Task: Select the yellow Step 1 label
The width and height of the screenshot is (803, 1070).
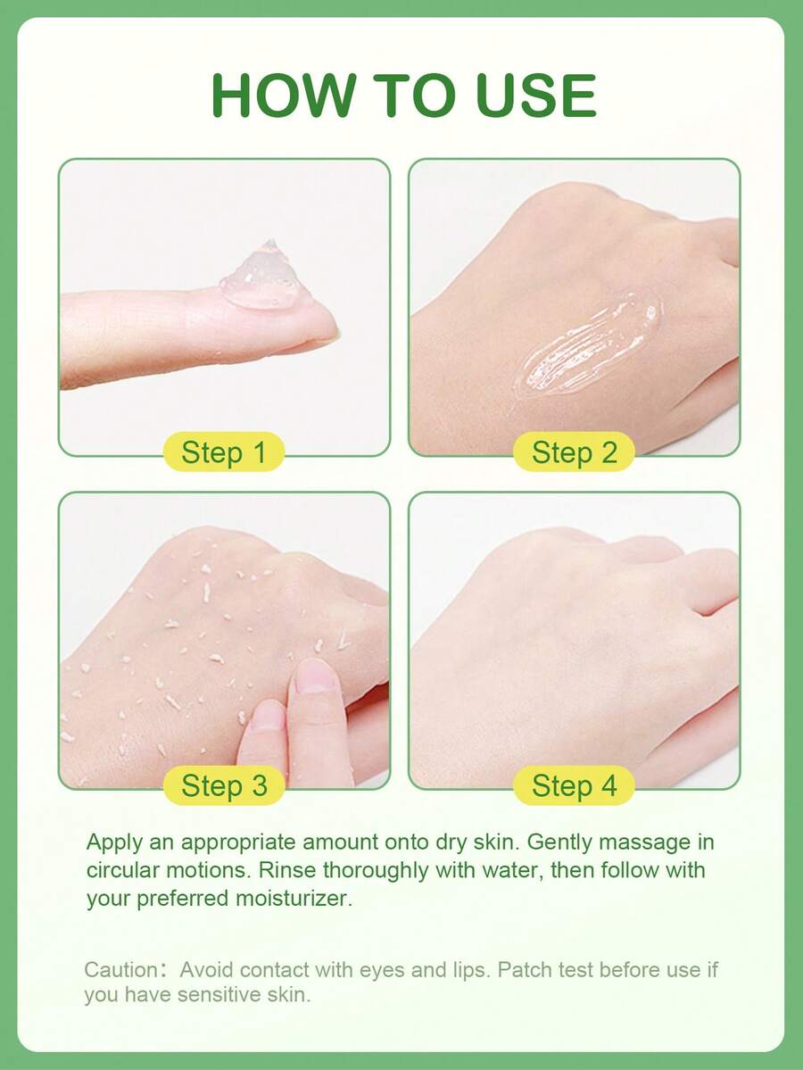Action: coord(223,452)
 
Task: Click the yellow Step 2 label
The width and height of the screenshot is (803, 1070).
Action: coord(574,452)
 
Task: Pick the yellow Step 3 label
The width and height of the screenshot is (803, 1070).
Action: coord(223,785)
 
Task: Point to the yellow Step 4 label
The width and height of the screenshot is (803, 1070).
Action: coord(574,785)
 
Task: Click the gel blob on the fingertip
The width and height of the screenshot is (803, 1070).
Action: coord(265,277)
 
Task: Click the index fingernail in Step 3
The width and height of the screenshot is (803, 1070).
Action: coord(313,675)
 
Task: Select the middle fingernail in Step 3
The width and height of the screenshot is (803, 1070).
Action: coord(267,715)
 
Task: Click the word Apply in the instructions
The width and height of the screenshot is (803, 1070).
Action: coord(114,843)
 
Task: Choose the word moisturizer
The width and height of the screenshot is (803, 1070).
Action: coord(294,898)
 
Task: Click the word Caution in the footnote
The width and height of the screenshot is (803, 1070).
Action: coord(120,969)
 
